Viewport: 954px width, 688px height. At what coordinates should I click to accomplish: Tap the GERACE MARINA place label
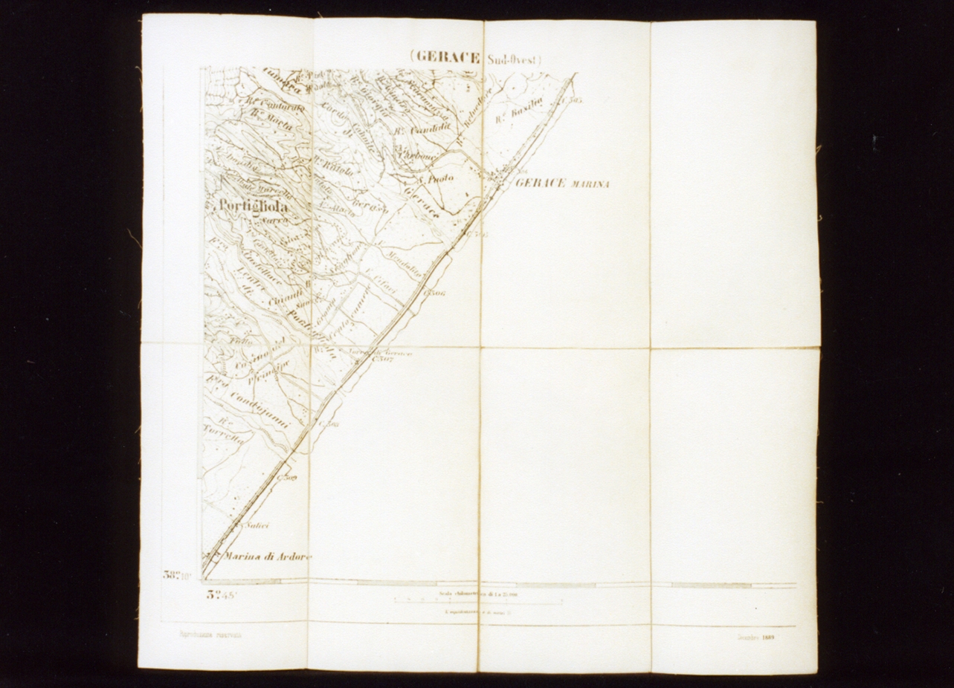tap(562, 183)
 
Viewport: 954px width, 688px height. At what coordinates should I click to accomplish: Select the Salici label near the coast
tap(257, 525)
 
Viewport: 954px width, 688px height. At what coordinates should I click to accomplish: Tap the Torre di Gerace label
tap(380, 352)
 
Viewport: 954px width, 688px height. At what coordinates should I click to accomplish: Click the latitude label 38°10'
tap(177, 574)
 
